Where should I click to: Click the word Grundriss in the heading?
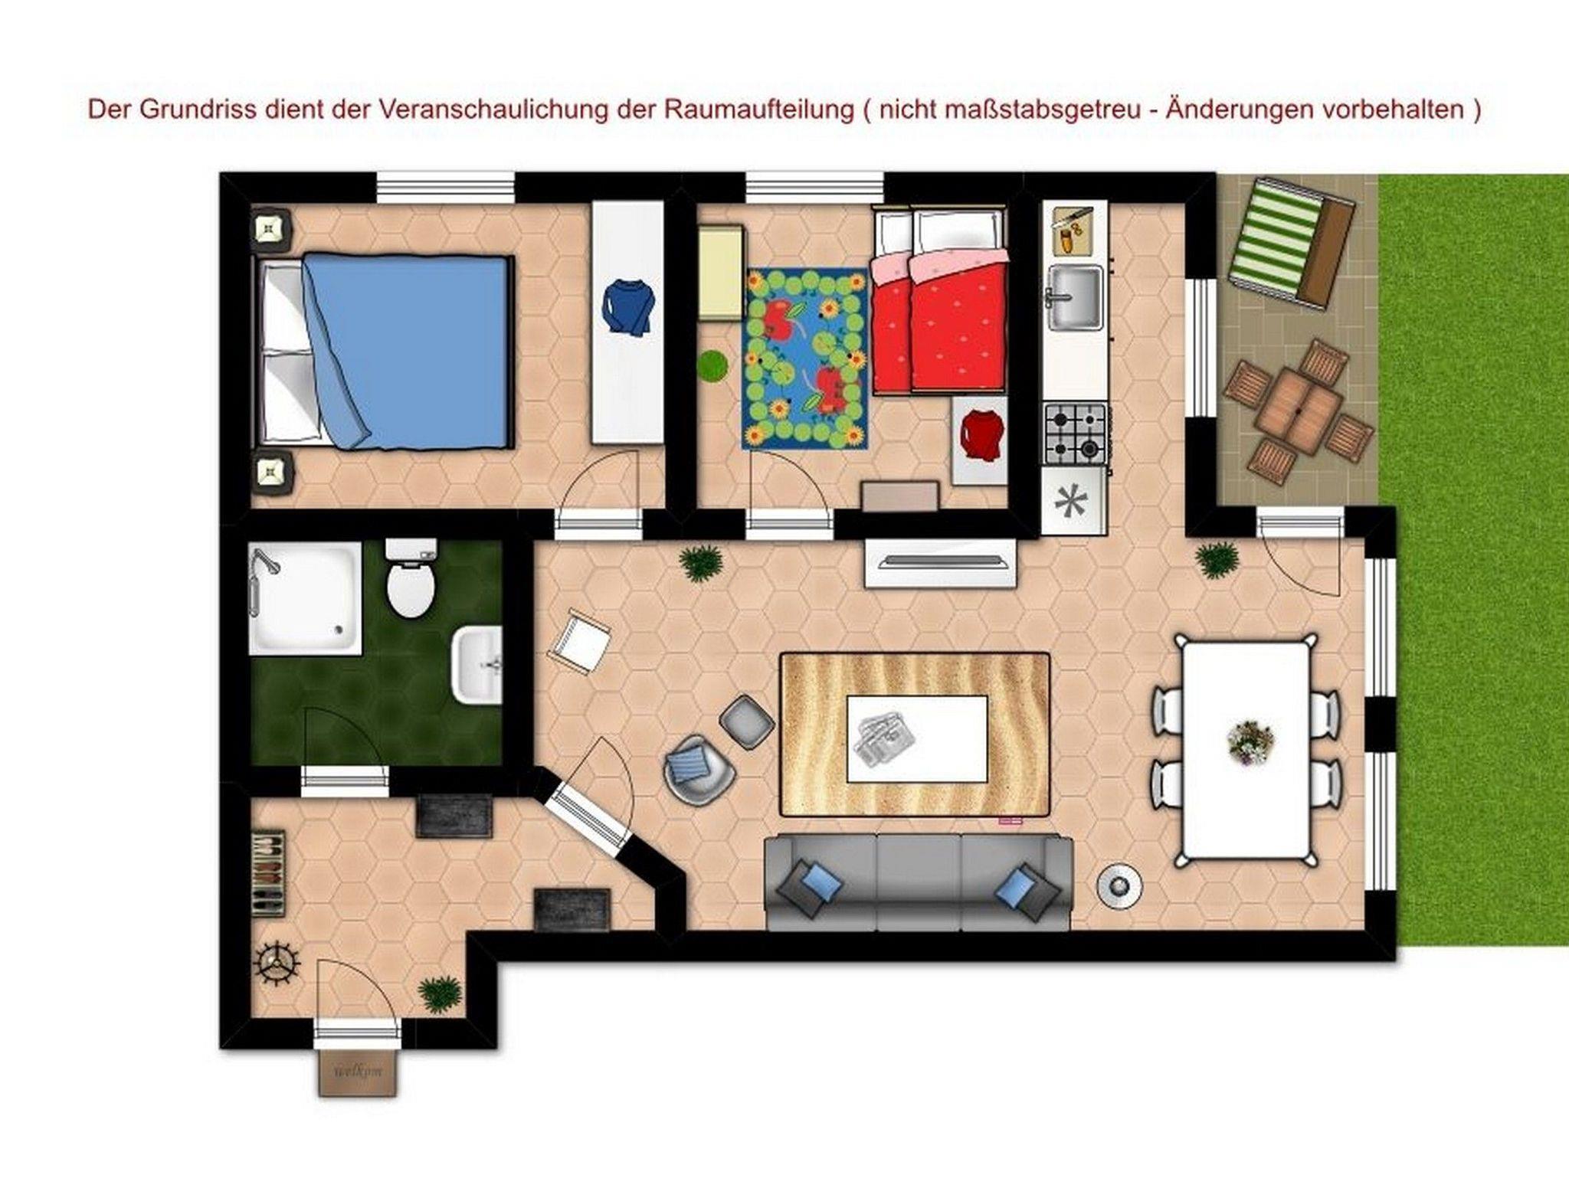183,110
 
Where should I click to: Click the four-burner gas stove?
1075,434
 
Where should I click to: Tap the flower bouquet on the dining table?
1250,743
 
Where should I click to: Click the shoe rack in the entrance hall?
269,873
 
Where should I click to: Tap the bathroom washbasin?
477,664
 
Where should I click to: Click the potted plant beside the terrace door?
1216,561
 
